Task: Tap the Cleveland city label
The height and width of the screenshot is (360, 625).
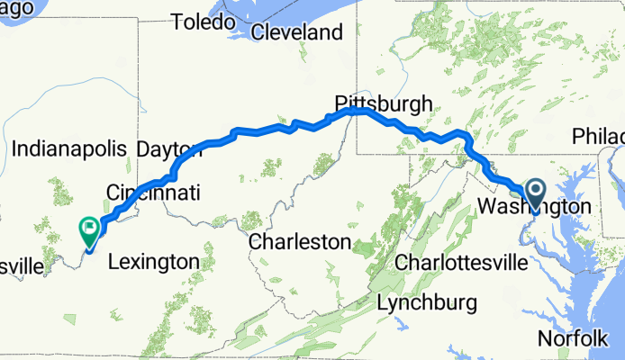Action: click(x=296, y=33)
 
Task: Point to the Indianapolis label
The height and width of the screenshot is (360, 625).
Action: click(x=73, y=147)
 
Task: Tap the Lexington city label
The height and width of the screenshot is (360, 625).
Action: click(x=153, y=262)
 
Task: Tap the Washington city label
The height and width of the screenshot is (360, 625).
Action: click(x=533, y=207)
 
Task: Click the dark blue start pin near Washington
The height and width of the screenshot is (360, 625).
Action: click(x=535, y=192)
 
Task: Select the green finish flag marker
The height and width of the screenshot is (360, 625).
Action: click(x=90, y=230)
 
